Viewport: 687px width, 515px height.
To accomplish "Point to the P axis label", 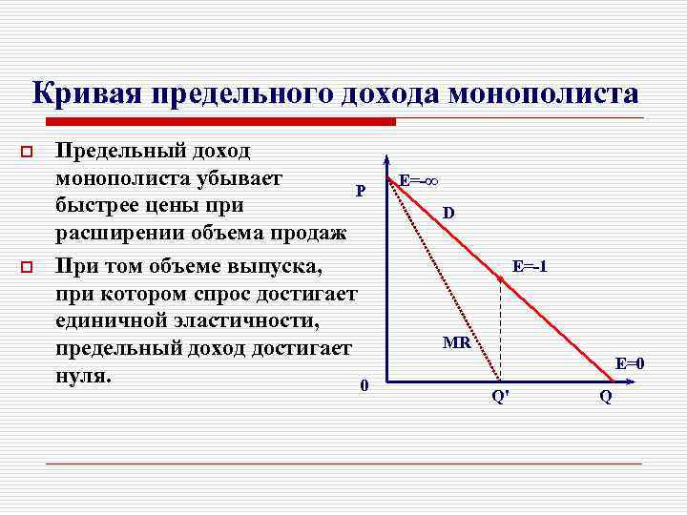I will pos(361,191).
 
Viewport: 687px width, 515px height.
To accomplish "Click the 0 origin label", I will pos(364,386).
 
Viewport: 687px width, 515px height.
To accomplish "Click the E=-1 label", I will pos(530,266).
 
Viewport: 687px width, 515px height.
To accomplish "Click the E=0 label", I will pos(630,363).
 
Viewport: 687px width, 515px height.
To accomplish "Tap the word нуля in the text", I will pos(83,375).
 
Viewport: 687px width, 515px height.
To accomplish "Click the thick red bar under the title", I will pos(219,122).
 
